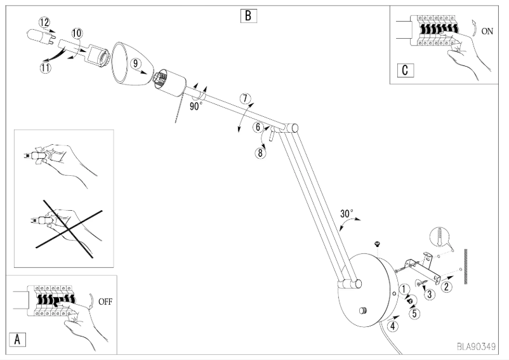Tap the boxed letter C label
[x=404, y=69]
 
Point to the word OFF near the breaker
[x=106, y=303]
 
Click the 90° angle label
[x=195, y=106]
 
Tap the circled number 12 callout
[x=44, y=22]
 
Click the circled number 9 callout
[x=136, y=63]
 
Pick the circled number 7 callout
[x=246, y=99]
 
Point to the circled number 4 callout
[x=393, y=327]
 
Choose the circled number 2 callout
[x=447, y=286]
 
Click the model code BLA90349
[x=476, y=347]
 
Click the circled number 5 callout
[x=414, y=312]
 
